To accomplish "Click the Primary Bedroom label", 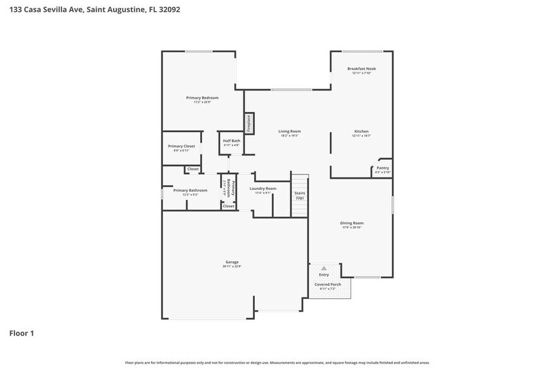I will [202, 98].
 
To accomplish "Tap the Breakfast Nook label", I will [362, 69].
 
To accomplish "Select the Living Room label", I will [289, 131].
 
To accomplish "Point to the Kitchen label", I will [361, 131].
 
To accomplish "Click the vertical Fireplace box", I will [249, 123].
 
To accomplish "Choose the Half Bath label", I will [232, 141].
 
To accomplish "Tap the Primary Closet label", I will [181, 146].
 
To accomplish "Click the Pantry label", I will [383, 168].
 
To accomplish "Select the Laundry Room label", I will [262, 188].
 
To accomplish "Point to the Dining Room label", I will [352, 223].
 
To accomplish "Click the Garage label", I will [232, 262].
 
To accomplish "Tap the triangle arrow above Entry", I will [324, 268].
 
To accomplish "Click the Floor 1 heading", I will [21, 333].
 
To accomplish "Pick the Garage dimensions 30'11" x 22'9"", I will [232, 267].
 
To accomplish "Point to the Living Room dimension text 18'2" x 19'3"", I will [289, 136].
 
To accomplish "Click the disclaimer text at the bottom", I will [277, 362].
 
